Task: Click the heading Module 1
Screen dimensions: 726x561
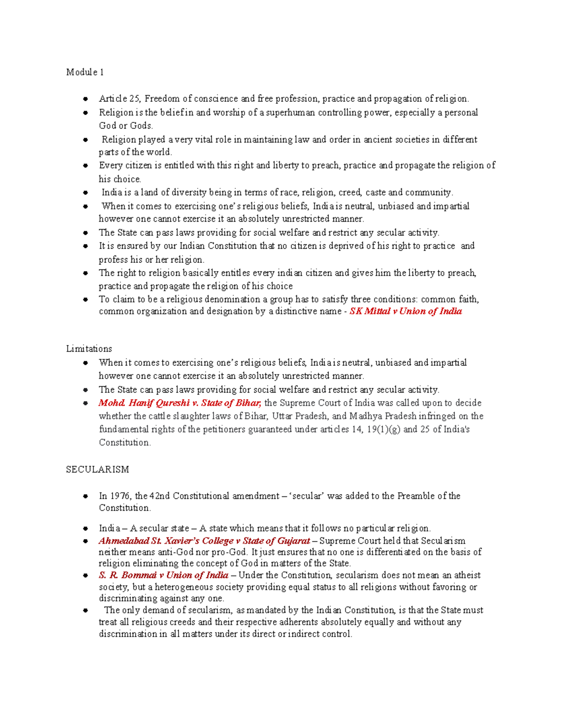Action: (x=85, y=72)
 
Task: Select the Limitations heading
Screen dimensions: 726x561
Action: (x=89, y=349)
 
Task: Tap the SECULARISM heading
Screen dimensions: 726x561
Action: (x=97, y=469)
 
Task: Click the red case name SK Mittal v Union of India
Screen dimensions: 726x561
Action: (x=405, y=311)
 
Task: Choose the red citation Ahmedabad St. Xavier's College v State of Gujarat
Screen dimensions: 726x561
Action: (x=204, y=541)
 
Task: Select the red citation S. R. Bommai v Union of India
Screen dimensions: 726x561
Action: (x=164, y=575)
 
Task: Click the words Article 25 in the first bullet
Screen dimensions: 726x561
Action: (x=119, y=99)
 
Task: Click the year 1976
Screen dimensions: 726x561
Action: (x=121, y=496)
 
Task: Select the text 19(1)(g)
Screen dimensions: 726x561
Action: (x=383, y=430)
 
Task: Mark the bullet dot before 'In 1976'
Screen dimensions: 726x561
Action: (x=86, y=496)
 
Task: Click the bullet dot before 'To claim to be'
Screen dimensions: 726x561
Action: (x=86, y=300)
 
